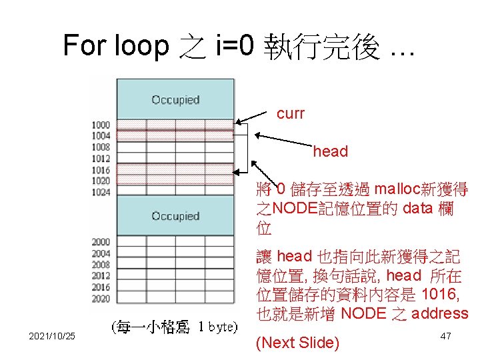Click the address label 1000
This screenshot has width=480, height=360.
(101, 125)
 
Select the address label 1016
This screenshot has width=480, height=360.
(101, 170)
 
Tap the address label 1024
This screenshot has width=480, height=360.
(101, 191)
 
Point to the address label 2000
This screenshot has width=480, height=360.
(101, 242)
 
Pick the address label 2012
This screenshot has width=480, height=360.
(101, 276)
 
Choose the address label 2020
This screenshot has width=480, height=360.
(101, 299)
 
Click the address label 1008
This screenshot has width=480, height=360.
(101, 147)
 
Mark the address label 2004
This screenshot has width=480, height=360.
(101, 253)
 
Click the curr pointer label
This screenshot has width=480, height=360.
(291, 114)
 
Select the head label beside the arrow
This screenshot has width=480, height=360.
(331, 152)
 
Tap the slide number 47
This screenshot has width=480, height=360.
(446, 337)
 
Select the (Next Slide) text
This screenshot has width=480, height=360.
(298, 343)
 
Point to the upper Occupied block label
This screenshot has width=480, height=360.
(175, 100)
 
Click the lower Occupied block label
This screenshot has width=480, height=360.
(175, 216)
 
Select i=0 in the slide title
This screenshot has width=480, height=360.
(234, 45)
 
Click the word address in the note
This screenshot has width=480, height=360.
(439, 313)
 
